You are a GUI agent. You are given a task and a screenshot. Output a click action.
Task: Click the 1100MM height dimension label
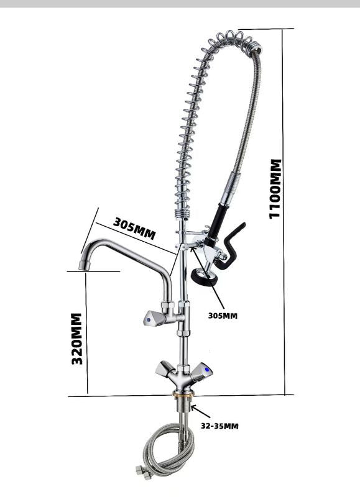(x=275, y=189)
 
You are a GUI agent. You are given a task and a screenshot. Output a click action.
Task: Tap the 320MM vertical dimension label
(x=76, y=339)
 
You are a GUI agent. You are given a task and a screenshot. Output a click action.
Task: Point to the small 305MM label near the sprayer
(x=223, y=316)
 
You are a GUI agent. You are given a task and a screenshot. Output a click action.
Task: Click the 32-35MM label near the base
(x=219, y=426)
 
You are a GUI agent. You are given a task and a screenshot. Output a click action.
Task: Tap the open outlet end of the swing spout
(x=83, y=266)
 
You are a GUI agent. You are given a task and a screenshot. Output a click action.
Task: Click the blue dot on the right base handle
(x=208, y=370)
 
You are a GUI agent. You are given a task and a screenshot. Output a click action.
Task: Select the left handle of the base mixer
(x=164, y=369)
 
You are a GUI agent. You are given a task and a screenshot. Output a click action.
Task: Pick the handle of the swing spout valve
(x=154, y=318)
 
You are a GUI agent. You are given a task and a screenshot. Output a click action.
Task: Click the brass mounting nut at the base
(x=183, y=394)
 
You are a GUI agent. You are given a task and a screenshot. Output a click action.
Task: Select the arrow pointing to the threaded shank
(x=200, y=411)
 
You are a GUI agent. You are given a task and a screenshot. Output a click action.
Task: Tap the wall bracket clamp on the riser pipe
(x=190, y=240)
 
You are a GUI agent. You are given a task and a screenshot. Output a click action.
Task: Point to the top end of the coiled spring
(x=259, y=50)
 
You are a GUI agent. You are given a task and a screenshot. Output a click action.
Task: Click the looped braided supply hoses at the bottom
(x=167, y=450)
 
